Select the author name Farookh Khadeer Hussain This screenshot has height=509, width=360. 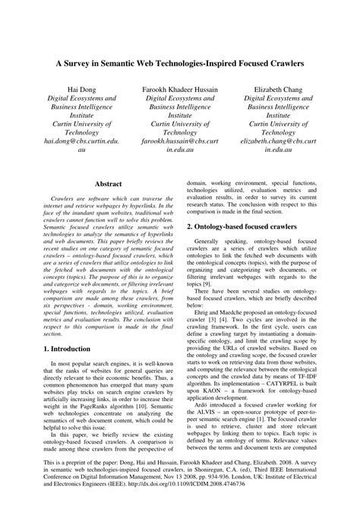point(179,90)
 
